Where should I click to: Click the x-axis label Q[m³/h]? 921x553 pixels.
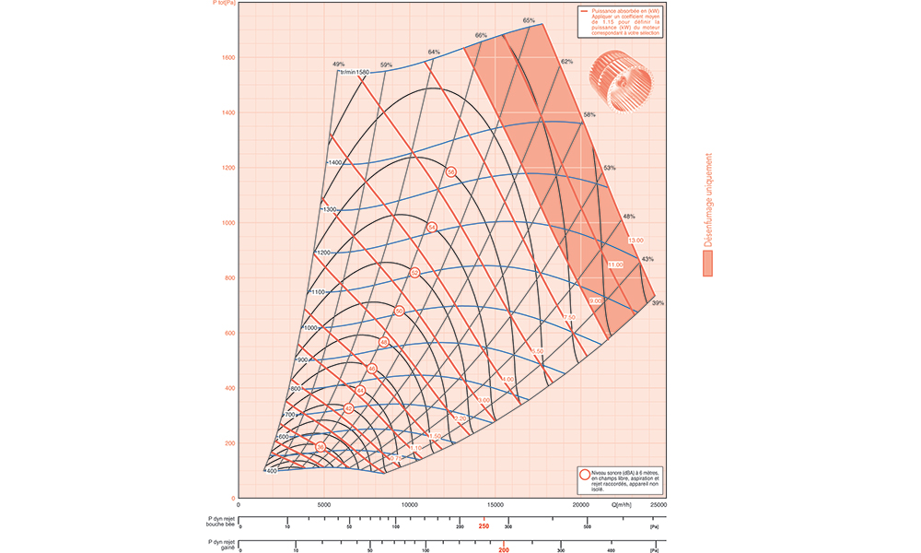point(624,505)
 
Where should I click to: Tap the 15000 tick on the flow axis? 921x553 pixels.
point(495,505)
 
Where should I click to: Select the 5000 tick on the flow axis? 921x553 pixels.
point(324,505)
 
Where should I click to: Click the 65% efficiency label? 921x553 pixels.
point(529,20)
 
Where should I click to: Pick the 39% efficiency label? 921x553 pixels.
point(658,303)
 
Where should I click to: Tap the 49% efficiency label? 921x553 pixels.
point(339,65)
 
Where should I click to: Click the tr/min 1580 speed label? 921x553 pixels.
point(355,72)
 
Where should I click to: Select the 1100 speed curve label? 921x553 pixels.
point(317,291)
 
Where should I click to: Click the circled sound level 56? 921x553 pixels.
point(451,172)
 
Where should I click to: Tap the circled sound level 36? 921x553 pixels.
point(321,447)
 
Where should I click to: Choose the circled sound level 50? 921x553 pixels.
point(399,312)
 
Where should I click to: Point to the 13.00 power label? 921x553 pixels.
point(635,241)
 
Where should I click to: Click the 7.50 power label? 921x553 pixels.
point(569,317)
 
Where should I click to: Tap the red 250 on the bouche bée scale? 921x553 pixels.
point(484,525)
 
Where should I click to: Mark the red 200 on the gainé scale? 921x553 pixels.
point(504,549)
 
